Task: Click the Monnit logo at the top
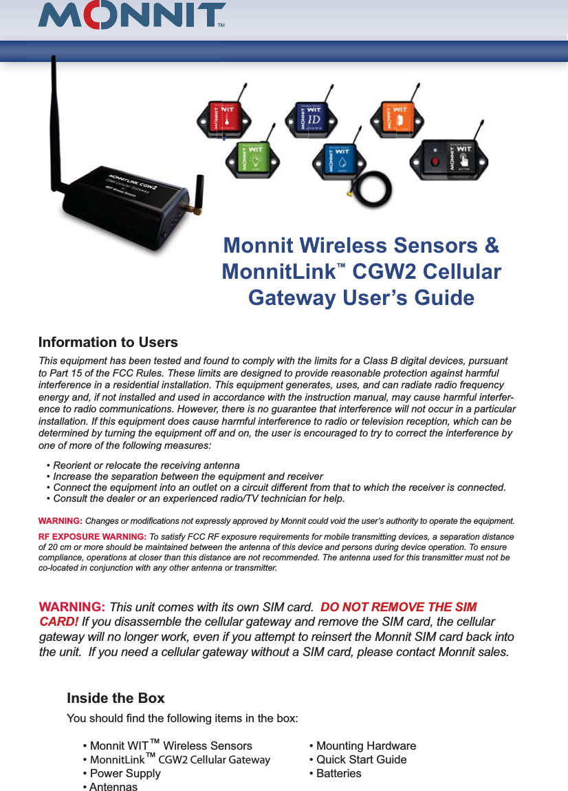pos(132,17)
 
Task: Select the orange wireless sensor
pos(398,117)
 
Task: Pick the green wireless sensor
pos(251,157)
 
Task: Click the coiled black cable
pos(375,188)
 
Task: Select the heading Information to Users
pos(108,343)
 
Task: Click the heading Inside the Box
pos(116,698)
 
